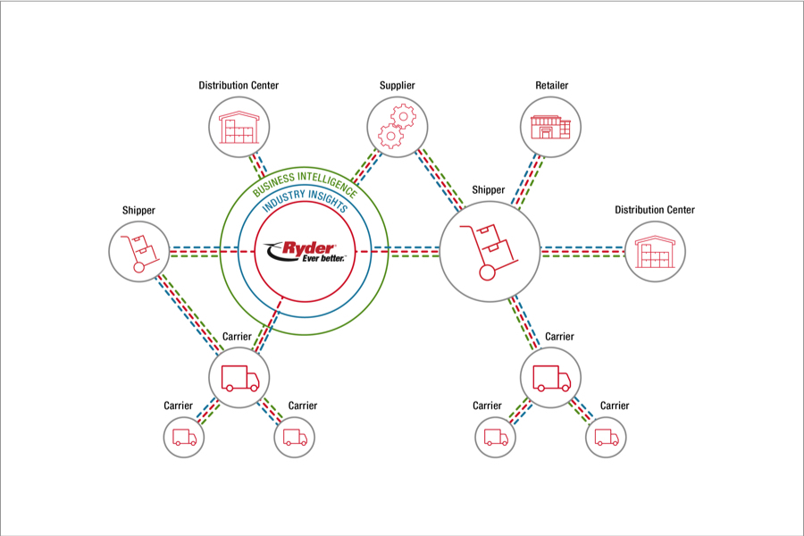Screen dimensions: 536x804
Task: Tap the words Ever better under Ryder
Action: (x=310, y=259)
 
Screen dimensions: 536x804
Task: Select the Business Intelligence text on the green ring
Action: (x=303, y=178)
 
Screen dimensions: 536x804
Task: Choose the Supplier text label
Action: (x=398, y=86)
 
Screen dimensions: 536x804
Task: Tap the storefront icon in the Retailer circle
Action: (x=550, y=127)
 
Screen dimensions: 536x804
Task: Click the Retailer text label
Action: (x=551, y=86)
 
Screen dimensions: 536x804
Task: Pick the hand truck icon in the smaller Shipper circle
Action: (x=139, y=251)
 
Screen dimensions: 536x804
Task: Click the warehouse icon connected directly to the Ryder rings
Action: (x=239, y=126)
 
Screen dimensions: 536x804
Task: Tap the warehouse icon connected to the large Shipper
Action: (x=655, y=253)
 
